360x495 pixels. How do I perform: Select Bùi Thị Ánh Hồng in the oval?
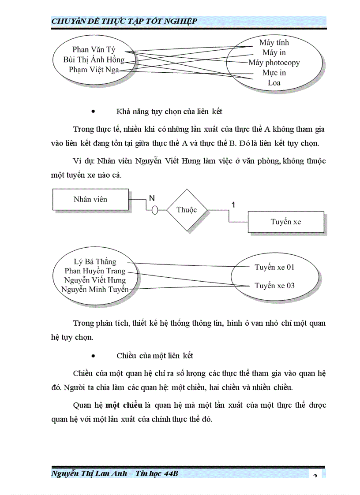pyautogui.click(x=94, y=60)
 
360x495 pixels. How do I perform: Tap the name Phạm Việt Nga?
pyautogui.click(x=94, y=70)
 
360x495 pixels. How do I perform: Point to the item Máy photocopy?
pyautogui.click(x=274, y=63)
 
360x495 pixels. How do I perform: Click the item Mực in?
pyautogui.click(x=274, y=73)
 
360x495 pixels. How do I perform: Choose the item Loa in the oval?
pyautogui.click(x=274, y=83)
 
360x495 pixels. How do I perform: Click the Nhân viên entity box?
pyautogui.click(x=90, y=199)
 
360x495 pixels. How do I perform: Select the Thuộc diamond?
pyautogui.click(x=187, y=210)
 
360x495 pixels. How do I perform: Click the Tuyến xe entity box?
pyautogui.click(x=286, y=222)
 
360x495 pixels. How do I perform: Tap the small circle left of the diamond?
pyautogui.click(x=154, y=210)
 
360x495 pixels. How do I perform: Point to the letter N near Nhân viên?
pyautogui.click(x=151, y=198)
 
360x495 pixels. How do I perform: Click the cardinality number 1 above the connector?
pyautogui.click(x=233, y=204)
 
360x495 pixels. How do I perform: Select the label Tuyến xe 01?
pyautogui.click(x=274, y=267)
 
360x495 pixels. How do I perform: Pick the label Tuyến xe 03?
pyautogui.click(x=274, y=286)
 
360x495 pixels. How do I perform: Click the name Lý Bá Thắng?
pyautogui.click(x=95, y=261)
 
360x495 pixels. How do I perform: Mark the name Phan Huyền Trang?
pyautogui.click(x=95, y=271)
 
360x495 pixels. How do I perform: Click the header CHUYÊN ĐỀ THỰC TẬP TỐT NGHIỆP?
pyautogui.click(x=124, y=21)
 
